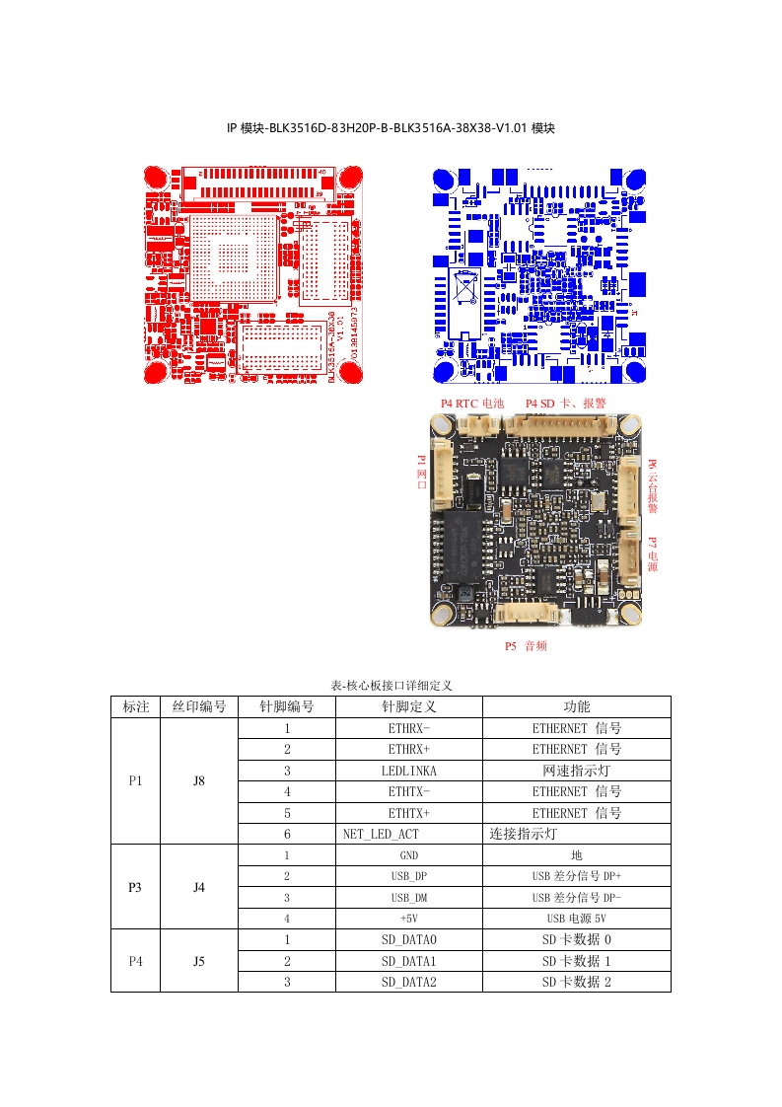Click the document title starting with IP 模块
click(391, 128)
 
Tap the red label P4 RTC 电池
click(471, 404)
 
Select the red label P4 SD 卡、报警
click(565, 404)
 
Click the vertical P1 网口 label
click(421, 473)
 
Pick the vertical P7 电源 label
click(652, 554)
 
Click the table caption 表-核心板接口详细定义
click(391, 686)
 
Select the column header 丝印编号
click(198, 706)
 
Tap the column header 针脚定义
click(408, 706)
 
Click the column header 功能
click(576, 706)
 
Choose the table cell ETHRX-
click(408, 728)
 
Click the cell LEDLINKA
click(408, 771)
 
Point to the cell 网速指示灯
click(576, 771)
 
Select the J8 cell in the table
click(198, 780)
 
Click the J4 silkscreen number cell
click(198, 887)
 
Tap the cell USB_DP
click(408, 876)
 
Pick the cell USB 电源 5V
click(576, 919)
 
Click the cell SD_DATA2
click(408, 982)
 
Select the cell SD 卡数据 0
click(576, 939)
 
